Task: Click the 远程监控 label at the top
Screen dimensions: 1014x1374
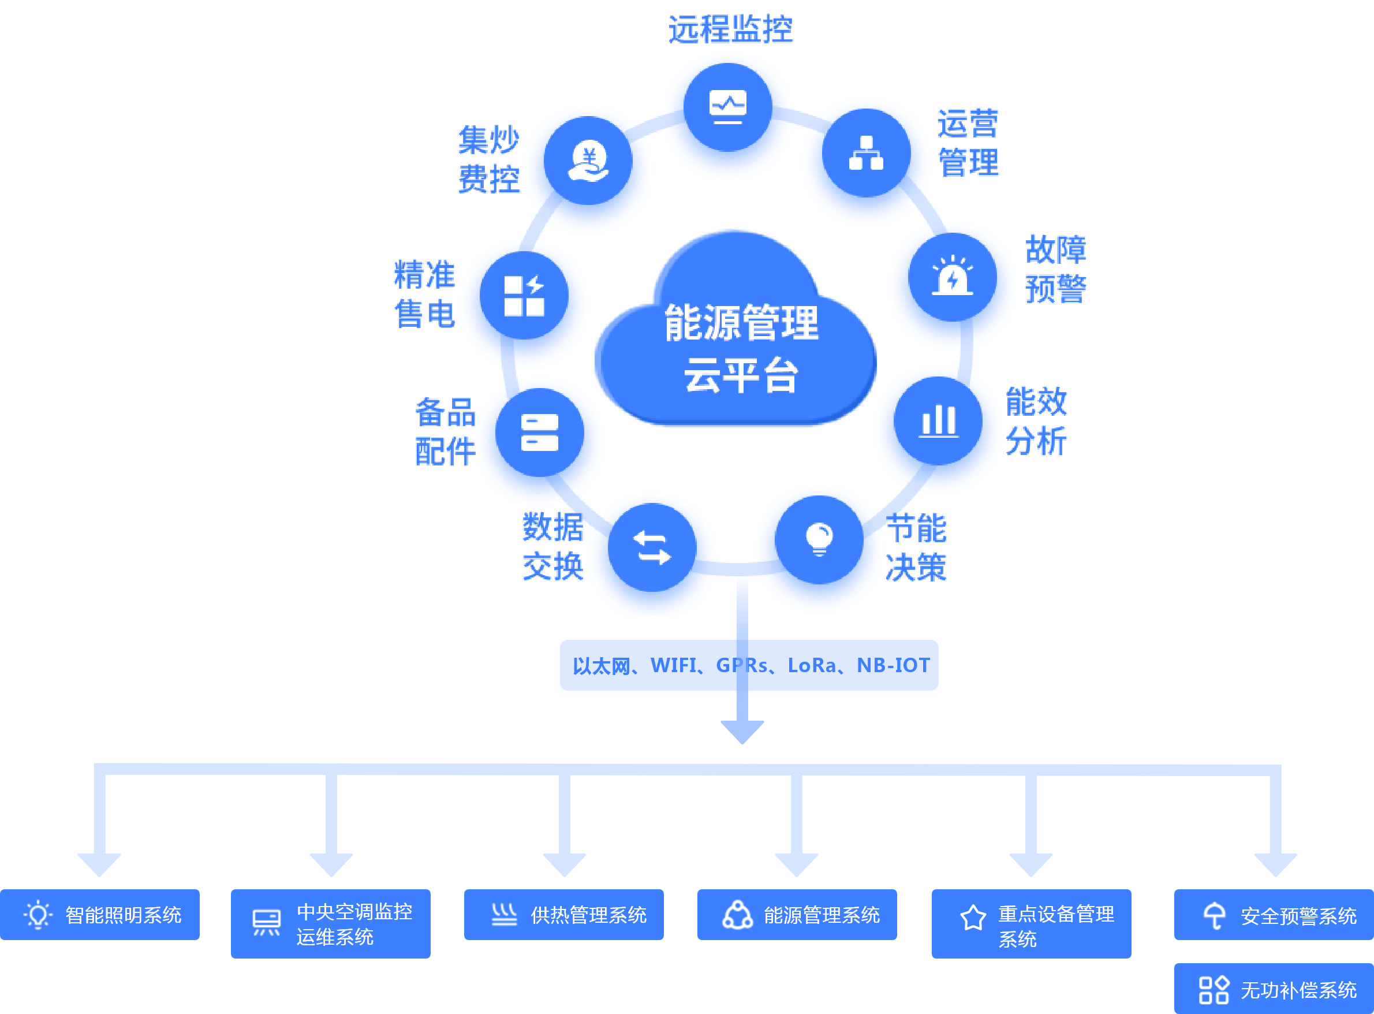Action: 730,29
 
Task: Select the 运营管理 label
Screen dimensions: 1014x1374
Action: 968,143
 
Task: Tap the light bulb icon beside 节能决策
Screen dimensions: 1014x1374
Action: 819,539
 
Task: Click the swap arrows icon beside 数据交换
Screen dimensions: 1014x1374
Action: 652,547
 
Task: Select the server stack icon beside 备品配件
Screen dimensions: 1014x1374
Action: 539,432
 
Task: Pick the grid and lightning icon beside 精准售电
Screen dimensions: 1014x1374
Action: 524,296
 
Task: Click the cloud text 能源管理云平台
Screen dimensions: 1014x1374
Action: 741,348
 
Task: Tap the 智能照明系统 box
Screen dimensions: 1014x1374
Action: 100,915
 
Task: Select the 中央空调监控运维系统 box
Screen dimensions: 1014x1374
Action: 331,923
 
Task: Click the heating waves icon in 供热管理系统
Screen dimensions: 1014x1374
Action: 505,915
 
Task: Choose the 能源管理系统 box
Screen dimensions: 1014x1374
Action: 797,915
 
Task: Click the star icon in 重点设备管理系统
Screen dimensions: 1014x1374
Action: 973,918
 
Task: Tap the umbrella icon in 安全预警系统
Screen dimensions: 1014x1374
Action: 1215,916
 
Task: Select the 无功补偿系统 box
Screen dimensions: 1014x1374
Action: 1274,989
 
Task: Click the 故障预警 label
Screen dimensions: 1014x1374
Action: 1056,269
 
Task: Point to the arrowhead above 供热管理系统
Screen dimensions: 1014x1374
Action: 565,864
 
